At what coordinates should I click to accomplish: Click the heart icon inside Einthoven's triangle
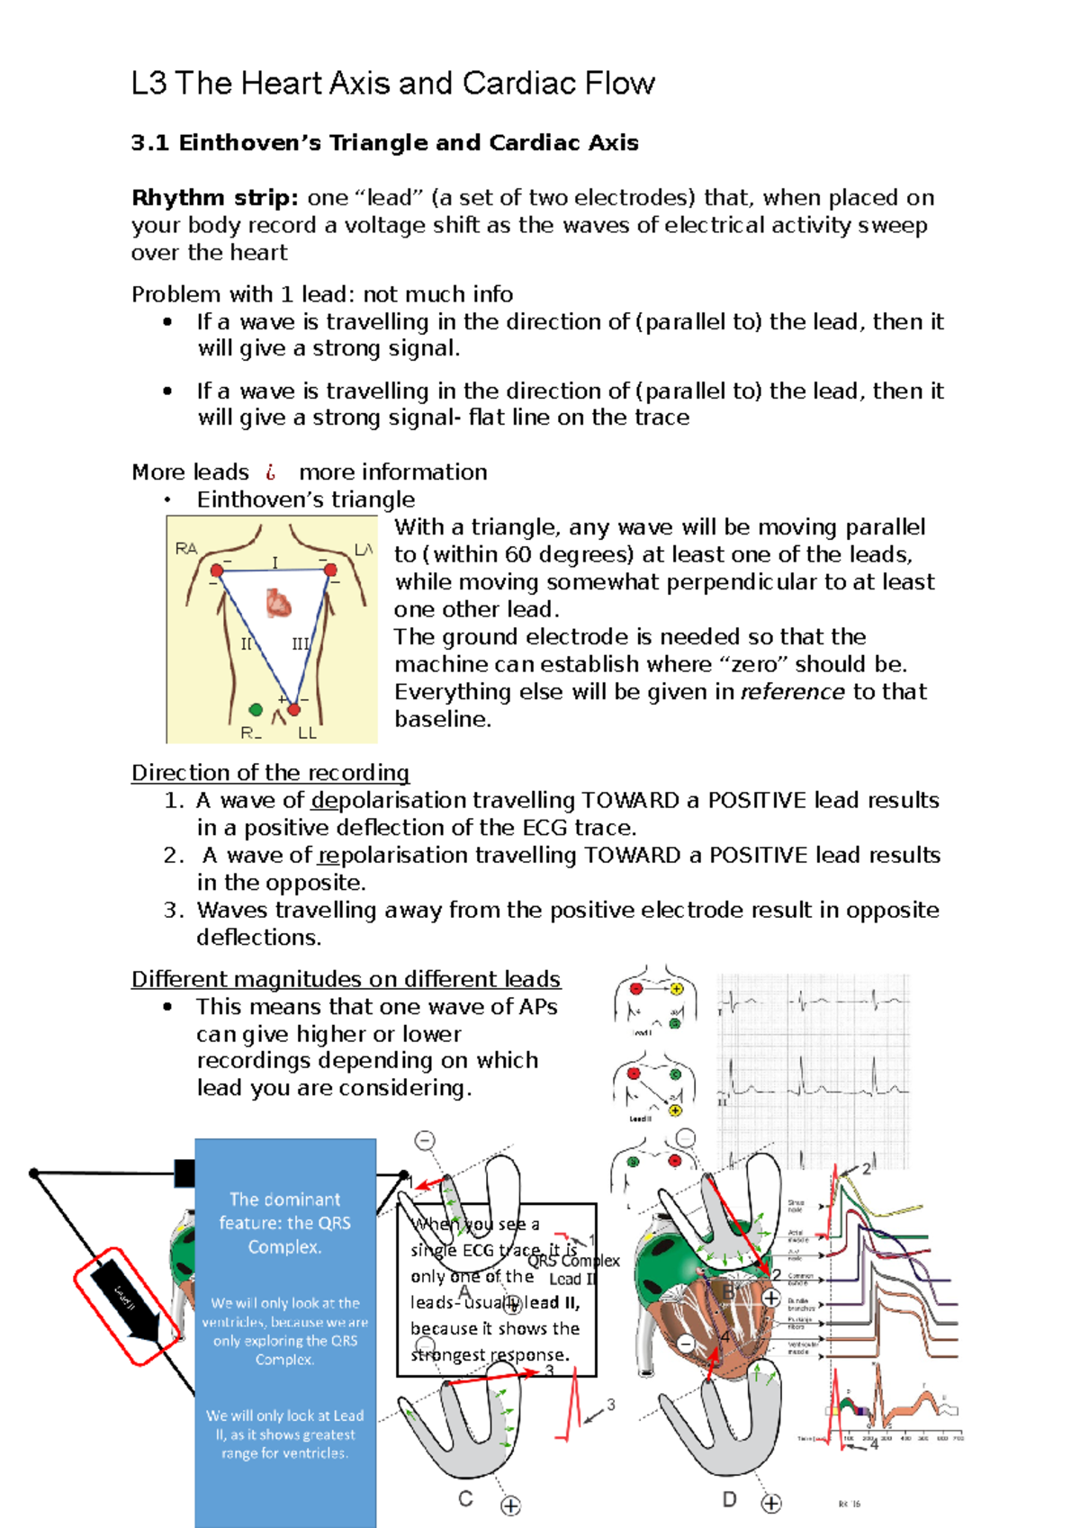tap(279, 602)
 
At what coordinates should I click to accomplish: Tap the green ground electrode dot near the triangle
tap(256, 709)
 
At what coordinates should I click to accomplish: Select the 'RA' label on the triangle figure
tap(186, 548)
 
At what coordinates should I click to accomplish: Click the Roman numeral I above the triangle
tap(275, 562)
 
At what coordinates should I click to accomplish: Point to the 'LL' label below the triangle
tap(307, 733)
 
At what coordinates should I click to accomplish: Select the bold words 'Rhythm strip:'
tap(215, 197)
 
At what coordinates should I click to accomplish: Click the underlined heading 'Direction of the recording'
tap(270, 772)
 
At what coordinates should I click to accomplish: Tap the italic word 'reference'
tap(792, 691)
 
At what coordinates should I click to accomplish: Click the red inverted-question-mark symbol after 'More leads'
tap(270, 472)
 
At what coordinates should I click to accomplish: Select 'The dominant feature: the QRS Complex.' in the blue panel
tap(284, 1223)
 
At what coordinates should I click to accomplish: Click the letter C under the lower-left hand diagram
tap(465, 1498)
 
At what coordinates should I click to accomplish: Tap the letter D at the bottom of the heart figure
tap(729, 1499)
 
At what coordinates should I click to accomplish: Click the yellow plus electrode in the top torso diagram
tap(677, 988)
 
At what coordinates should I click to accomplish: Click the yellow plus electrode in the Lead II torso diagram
tap(675, 1110)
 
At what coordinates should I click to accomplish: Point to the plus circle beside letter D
tap(771, 1503)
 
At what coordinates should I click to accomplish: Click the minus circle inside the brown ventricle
tap(686, 1344)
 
